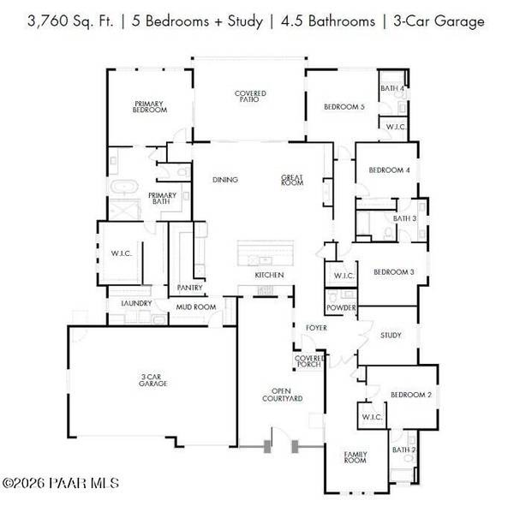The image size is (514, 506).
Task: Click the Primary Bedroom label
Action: click(150, 107)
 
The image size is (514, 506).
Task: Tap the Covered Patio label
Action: click(250, 97)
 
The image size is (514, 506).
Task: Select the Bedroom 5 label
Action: click(344, 107)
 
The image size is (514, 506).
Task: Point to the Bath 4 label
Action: click(392, 88)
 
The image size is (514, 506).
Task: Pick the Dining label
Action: click(225, 180)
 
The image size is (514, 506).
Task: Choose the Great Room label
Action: click(292, 180)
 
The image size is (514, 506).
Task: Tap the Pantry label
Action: click(190, 288)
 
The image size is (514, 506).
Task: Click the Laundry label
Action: click(136, 303)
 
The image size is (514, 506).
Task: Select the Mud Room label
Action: click(196, 307)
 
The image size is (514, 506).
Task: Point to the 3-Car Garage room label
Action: click(152, 380)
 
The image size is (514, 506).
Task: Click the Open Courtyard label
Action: click(282, 395)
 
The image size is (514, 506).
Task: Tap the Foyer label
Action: click(316, 328)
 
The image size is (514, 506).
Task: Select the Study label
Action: click(391, 336)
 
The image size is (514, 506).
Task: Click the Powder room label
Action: click(341, 307)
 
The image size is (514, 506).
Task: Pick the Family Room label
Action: click(356, 457)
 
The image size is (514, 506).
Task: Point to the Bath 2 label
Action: click(403, 450)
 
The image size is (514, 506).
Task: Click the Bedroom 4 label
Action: click(390, 170)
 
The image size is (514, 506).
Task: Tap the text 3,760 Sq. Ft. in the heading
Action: click(70, 21)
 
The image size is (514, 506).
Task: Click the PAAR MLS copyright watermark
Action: click(61, 483)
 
